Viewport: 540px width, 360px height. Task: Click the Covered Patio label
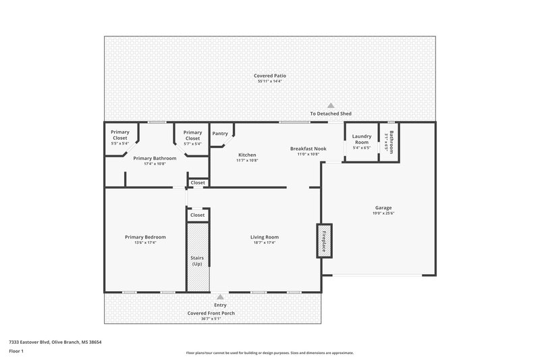(x=270, y=76)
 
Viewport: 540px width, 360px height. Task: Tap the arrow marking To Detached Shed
(x=331, y=105)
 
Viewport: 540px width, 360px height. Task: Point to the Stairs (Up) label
(x=197, y=261)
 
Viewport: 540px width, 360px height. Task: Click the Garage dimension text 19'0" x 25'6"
(x=383, y=213)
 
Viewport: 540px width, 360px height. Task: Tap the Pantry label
(x=220, y=134)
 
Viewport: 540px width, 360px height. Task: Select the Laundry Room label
(x=362, y=139)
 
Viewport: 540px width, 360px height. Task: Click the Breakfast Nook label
(x=308, y=149)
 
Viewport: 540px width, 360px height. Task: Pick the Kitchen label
(x=247, y=155)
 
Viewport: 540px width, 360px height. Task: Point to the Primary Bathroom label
(x=155, y=158)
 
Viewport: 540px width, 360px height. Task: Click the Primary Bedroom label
(x=145, y=237)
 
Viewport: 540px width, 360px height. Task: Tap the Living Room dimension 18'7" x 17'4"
(x=265, y=242)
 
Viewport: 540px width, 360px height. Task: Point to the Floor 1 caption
(x=16, y=351)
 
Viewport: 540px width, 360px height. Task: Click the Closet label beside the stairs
(x=197, y=215)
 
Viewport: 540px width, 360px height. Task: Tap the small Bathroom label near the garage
(x=390, y=140)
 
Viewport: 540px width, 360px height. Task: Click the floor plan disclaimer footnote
(x=270, y=353)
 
